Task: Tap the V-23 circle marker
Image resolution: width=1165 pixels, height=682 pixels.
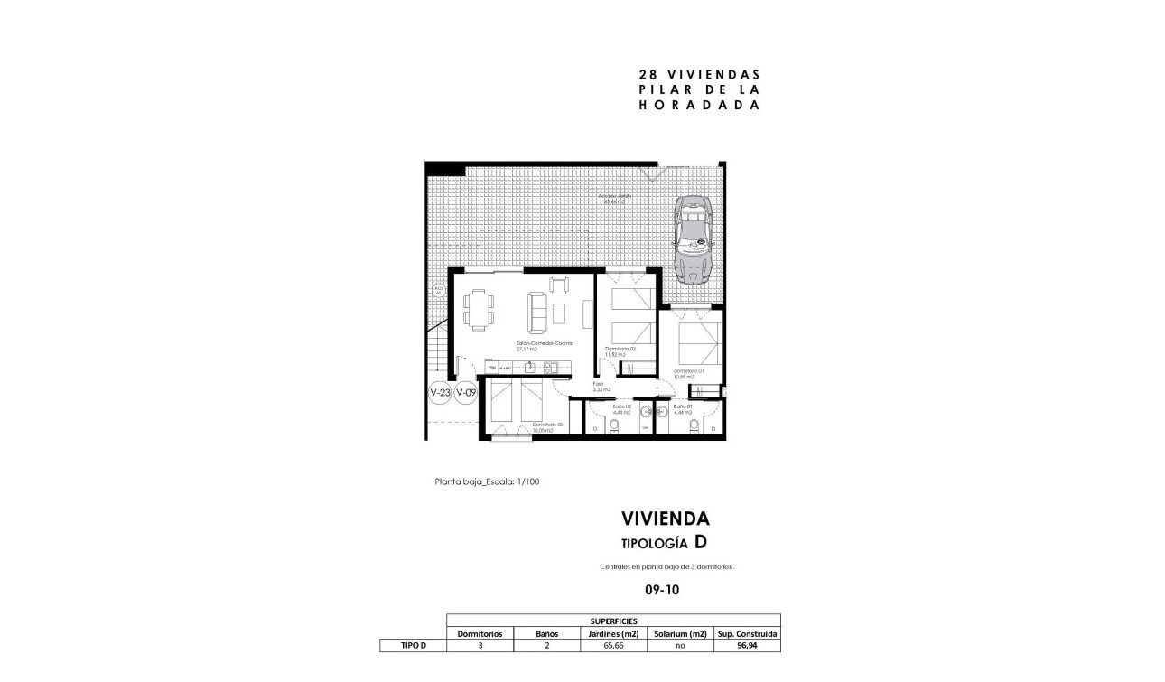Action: pos(440,393)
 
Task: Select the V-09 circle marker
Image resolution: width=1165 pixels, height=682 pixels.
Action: pos(466,393)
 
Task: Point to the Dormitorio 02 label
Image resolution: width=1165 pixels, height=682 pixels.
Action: pos(620,350)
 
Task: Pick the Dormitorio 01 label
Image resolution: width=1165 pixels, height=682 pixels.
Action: pos(687,372)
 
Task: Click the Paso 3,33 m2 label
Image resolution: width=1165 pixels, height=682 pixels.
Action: pos(601,386)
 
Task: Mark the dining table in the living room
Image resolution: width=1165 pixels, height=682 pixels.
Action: pos(479,308)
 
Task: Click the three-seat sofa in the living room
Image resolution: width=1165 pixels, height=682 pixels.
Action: pos(536,312)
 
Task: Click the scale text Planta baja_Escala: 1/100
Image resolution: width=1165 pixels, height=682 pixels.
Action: pos(487,481)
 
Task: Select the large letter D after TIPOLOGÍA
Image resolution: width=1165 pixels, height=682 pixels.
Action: pos(700,542)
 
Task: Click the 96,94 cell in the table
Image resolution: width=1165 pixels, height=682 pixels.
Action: pos(746,646)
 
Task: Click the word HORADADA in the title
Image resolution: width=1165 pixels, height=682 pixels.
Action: pos(698,104)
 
